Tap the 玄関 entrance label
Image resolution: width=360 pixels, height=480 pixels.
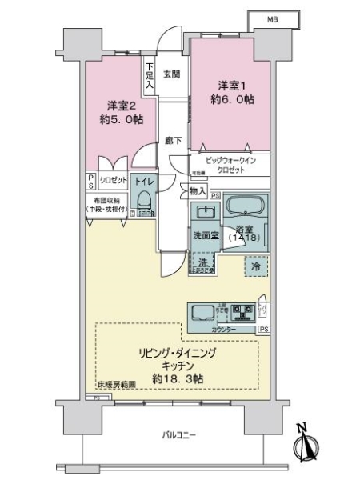[171, 74]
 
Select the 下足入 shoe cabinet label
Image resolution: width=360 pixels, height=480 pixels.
[150, 74]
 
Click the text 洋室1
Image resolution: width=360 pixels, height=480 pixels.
[230, 84]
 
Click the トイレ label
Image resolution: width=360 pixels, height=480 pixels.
[144, 182]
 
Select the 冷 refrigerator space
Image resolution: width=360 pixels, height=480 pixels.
[255, 266]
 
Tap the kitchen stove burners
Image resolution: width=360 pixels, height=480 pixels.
[245, 310]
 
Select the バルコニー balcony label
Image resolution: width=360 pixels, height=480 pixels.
[179, 434]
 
